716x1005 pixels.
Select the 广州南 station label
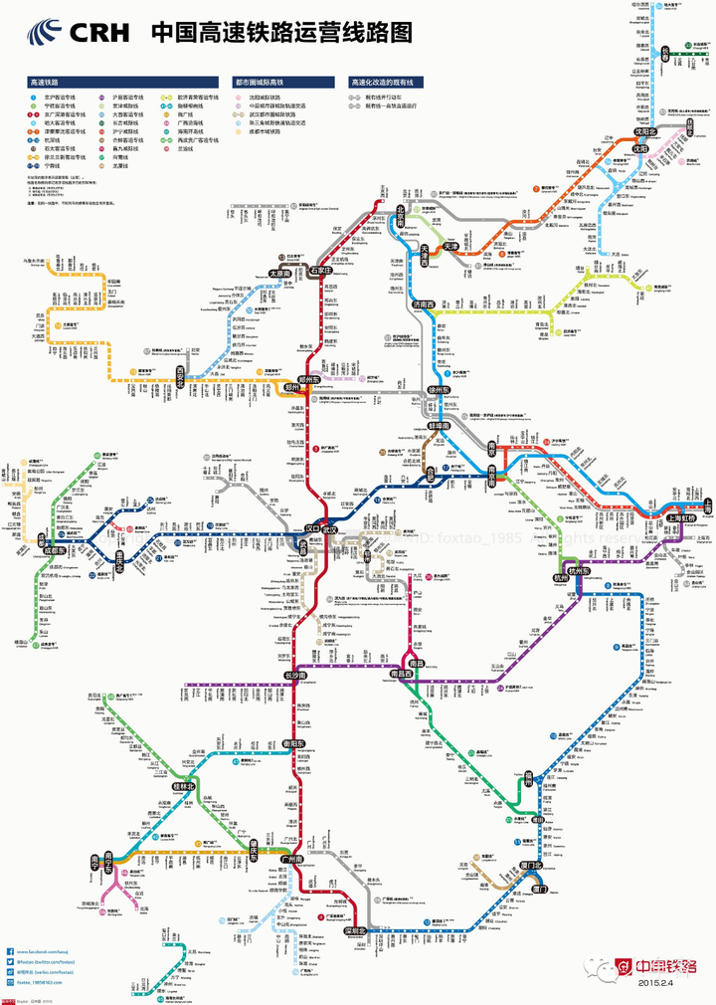292,858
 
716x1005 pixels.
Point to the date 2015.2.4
657,982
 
